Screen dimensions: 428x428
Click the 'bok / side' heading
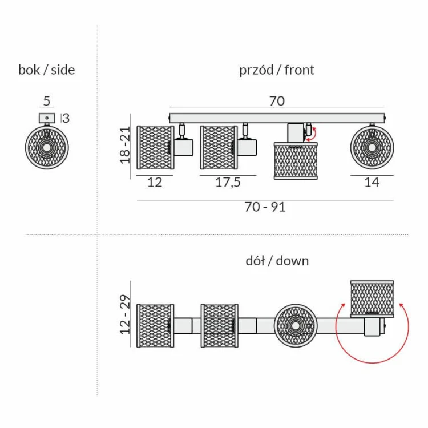pyautogui.click(x=47, y=70)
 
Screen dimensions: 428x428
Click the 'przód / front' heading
pyautogui.click(x=277, y=70)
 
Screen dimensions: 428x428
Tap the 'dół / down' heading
pyautogui.click(x=277, y=261)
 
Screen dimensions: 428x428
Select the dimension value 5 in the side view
pyautogui.click(x=47, y=101)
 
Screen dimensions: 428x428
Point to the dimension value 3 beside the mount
pyautogui.click(x=66, y=118)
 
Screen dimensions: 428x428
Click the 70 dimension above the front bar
pyautogui.click(x=277, y=101)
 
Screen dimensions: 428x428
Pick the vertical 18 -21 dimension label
pyautogui.click(x=125, y=145)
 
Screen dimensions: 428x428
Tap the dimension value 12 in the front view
pyautogui.click(x=155, y=183)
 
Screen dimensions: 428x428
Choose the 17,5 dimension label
pyautogui.click(x=228, y=183)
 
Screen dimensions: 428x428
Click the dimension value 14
pyautogui.click(x=372, y=183)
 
